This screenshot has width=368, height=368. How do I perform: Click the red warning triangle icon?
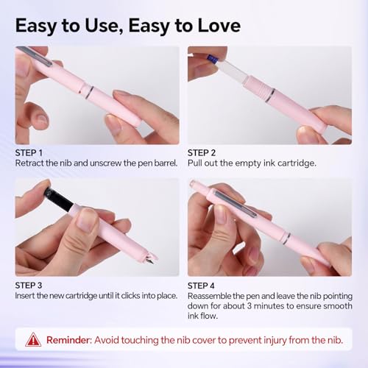tap(33, 340)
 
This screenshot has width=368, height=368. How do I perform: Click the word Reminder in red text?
tap(68, 340)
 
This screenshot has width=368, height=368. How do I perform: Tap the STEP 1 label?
tap(29, 153)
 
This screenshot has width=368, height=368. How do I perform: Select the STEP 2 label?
tap(202, 153)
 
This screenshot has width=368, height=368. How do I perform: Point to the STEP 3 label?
tap(29, 286)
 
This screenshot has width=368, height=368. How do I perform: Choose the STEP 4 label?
tap(201, 286)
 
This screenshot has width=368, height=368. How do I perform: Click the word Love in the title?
tap(219, 26)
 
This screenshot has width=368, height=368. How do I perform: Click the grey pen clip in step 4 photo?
tap(235, 204)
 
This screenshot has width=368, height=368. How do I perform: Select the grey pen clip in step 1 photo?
tap(35, 56)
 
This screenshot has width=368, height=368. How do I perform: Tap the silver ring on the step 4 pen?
tap(286, 238)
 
